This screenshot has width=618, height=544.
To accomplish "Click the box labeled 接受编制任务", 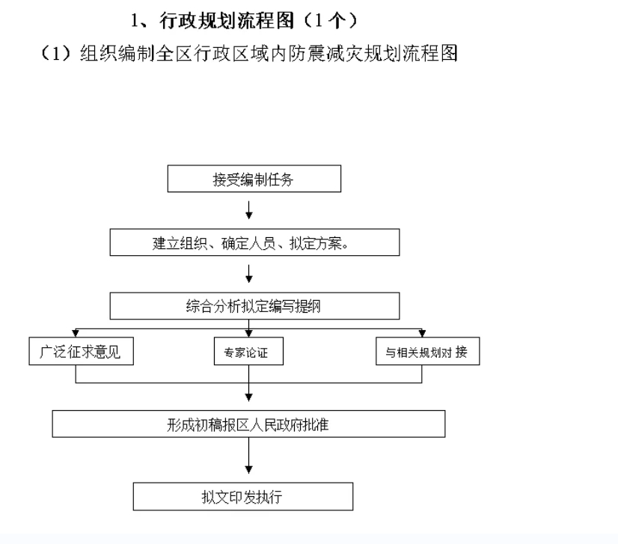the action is [254, 179].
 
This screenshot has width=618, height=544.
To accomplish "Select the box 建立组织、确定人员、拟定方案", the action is [254, 242].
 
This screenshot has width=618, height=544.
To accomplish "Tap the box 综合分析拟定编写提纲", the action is [254, 306].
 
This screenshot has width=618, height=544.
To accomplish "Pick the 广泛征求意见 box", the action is [82, 351].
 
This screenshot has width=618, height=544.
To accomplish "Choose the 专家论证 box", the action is [248, 351].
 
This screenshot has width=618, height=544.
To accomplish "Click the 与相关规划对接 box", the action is [428, 351].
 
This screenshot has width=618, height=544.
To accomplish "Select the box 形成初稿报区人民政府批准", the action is [248, 424].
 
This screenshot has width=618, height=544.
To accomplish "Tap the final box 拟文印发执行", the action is [243, 496].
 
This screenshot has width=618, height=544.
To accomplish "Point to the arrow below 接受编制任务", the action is [248, 210].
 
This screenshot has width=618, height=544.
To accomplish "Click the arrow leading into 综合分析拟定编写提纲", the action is [248, 274].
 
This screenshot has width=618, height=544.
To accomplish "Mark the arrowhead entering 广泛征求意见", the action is [76, 334].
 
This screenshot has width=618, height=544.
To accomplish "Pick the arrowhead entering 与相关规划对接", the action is [422, 334].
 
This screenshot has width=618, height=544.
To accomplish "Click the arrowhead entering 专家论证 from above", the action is [248, 334].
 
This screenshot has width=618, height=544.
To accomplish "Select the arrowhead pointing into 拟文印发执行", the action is [248, 470].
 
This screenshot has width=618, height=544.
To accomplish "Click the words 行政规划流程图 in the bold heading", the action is [227, 20].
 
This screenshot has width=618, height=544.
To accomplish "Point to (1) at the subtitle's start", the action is [55, 53].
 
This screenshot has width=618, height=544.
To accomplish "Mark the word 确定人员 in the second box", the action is [248, 243].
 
